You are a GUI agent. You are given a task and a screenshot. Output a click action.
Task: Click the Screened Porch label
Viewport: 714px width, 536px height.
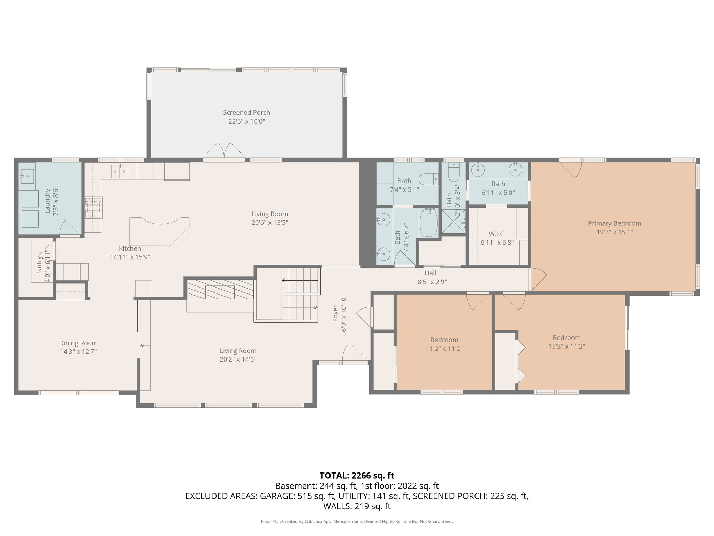click(x=246, y=113)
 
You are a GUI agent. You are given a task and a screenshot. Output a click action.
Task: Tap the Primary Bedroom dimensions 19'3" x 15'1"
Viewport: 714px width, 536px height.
click(x=614, y=232)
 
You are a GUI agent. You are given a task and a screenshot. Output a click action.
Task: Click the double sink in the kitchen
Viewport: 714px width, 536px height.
click(x=120, y=171)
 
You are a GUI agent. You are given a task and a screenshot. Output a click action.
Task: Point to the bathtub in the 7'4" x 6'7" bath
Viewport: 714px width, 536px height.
click(x=428, y=223)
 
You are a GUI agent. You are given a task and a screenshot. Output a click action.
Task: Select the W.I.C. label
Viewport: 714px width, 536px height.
click(x=497, y=234)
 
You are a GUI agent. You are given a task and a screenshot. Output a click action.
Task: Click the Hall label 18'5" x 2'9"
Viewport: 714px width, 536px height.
click(x=430, y=273)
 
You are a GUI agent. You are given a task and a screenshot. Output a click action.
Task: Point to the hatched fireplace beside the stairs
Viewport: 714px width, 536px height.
click(x=220, y=289)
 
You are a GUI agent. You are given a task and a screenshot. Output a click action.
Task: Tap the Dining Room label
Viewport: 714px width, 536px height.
click(x=78, y=343)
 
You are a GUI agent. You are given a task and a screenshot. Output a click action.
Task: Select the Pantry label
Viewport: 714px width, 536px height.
click(x=39, y=265)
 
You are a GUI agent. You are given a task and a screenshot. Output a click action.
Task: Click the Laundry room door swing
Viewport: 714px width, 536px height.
click(x=70, y=229)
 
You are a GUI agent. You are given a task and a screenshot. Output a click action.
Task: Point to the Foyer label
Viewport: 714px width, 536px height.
click(x=335, y=313)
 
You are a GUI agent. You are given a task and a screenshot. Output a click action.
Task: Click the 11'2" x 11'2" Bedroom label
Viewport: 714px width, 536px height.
click(x=444, y=340)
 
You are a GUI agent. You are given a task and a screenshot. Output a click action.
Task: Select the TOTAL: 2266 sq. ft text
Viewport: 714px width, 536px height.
click(x=357, y=475)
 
